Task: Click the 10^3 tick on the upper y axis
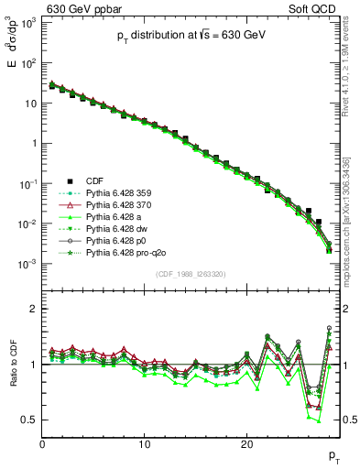29,22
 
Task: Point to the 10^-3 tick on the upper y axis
29,264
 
